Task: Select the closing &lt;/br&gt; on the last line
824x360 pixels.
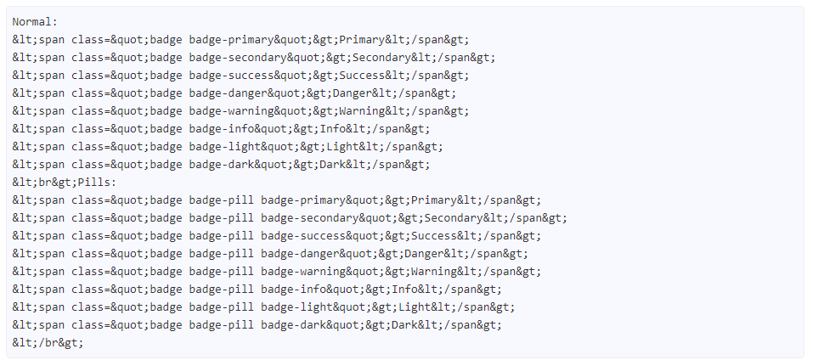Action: pos(48,343)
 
